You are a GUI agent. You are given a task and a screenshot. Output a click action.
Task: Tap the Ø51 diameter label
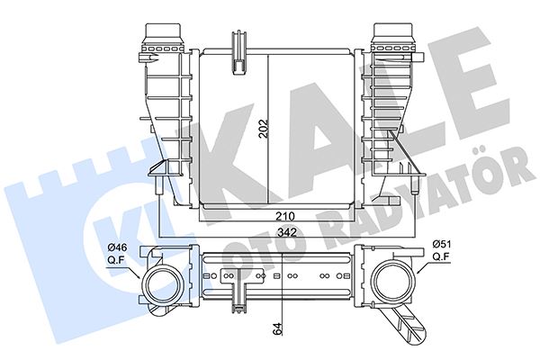(x=442, y=243)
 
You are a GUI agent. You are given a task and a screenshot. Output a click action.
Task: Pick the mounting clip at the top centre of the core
(x=240, y=50)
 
